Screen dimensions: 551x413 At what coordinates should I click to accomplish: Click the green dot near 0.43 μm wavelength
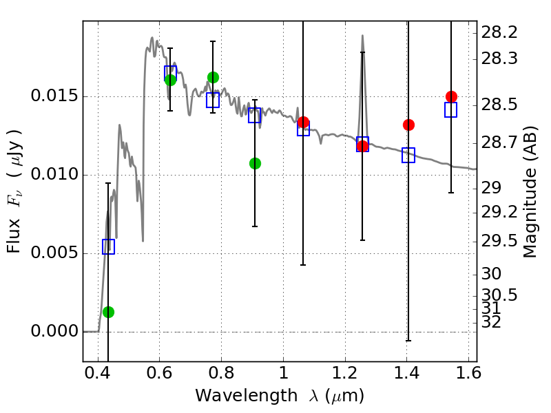(108, 312)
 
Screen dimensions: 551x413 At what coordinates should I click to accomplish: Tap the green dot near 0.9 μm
(255, 163)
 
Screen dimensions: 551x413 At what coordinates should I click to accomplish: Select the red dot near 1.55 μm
(451, 96)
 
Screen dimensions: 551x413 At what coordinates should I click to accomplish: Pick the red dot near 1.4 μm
(408, 125)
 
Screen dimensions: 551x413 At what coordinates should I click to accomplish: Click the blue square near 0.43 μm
(108, 246)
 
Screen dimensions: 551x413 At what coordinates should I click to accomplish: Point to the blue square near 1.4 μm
(408, 156)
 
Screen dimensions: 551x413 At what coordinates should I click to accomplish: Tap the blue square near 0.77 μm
(213, 100)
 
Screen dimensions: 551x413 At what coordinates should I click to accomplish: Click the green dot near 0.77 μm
(213, 77)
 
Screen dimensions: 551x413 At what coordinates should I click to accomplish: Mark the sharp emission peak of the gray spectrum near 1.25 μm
(362, 35)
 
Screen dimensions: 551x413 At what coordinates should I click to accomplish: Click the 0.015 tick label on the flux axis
(54, 96)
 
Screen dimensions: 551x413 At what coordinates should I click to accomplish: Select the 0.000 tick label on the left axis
(54, 331)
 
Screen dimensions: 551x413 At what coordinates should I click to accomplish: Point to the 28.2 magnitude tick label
(499, 32)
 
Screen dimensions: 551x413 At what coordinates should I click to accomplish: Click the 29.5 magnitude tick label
(499, 242)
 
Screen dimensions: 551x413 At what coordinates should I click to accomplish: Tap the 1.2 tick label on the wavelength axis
(345, 372)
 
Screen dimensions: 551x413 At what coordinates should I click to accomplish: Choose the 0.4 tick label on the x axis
(98, 372)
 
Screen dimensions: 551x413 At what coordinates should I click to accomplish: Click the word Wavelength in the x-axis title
(247, 395)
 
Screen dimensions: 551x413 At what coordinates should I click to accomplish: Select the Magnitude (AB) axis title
(530, 192)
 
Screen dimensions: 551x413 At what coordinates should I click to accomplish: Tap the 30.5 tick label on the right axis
(499, 295)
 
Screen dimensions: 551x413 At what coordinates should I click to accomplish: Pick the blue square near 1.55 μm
(451, 109)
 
